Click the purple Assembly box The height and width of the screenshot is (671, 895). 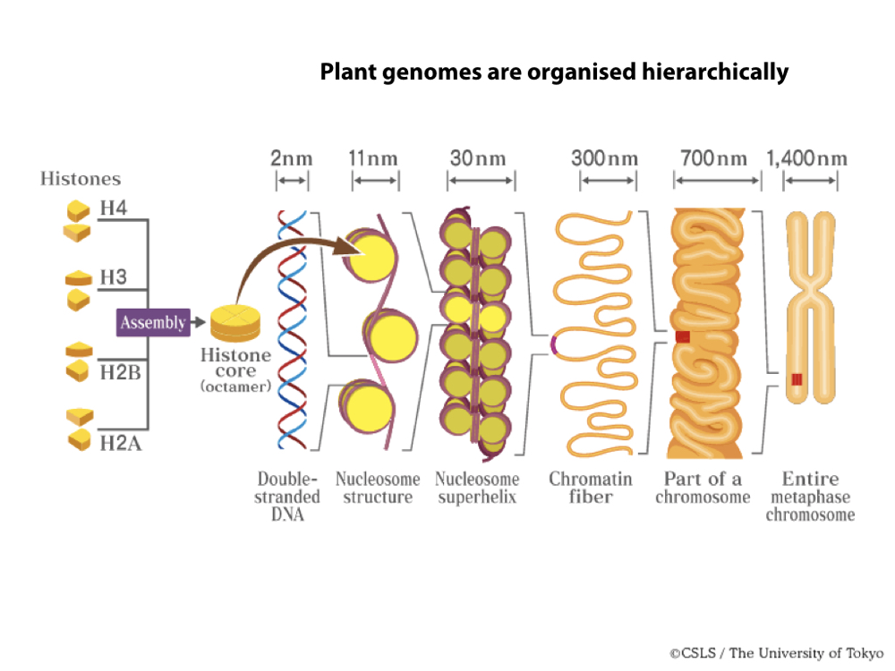tap(153, 322)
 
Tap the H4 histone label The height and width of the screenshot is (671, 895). tap(114, 209)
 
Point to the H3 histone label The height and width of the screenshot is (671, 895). tap(114, 276)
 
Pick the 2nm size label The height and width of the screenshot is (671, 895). tap(292, 159)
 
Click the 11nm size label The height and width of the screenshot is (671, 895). tap(373, 159)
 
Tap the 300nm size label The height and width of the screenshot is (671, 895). tap(605, 159)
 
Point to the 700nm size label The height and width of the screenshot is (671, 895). tap(714, 159)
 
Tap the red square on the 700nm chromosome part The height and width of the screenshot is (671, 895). tap(683, 337)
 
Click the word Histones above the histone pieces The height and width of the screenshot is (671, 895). tap(81, 179)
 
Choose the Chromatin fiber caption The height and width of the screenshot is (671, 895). tap(591, 488)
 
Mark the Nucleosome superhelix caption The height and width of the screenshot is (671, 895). tap(477, 488)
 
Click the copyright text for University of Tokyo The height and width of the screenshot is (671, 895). tap(778, 652)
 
